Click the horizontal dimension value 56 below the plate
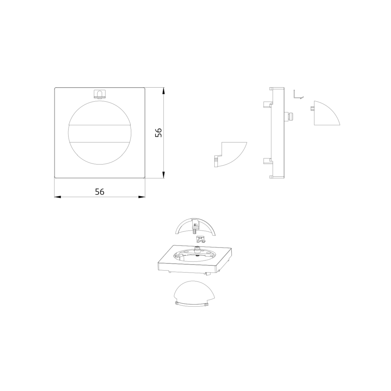pos(99,192)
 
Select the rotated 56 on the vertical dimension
pos(159,133)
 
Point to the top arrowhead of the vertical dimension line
pos(163,90)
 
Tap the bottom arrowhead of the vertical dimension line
pos(163,175)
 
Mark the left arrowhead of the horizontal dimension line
pos(57,197)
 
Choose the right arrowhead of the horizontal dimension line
pos(142,197)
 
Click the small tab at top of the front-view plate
pos(99,94)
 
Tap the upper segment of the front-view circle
pos(99,112)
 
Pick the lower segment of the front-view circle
pos(99,153)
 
